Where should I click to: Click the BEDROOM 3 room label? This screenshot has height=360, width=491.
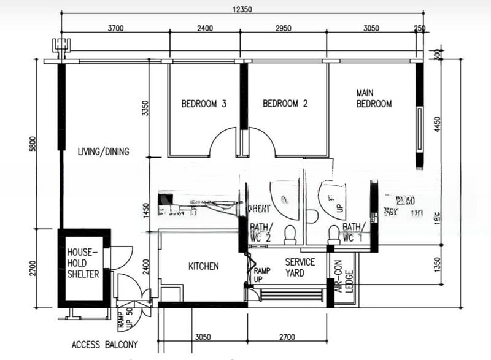point(204,104)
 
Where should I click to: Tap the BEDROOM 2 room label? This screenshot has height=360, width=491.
point(285,104)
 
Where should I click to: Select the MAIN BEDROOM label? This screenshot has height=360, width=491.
point(374,98)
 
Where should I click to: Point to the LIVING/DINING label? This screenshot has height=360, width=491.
point(103,151)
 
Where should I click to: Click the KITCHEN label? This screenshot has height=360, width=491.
point(203,266)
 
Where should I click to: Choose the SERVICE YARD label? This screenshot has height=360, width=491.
point(300,267)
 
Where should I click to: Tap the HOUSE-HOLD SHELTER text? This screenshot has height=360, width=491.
point(83,263)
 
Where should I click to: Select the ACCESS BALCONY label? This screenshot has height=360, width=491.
point(104,345)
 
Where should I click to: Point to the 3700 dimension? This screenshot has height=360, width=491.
point(116,28)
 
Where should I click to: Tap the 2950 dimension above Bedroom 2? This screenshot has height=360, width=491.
point(282,28)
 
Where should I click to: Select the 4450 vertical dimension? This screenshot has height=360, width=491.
point(436,126)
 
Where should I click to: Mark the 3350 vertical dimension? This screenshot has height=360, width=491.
point(145,108)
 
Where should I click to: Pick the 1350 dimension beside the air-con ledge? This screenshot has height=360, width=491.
point(436,264)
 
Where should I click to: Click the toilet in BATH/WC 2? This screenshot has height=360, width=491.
point(290,232)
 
